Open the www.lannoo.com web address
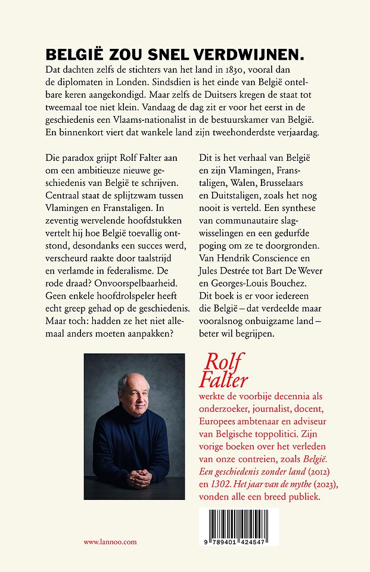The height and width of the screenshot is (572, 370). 110,542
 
